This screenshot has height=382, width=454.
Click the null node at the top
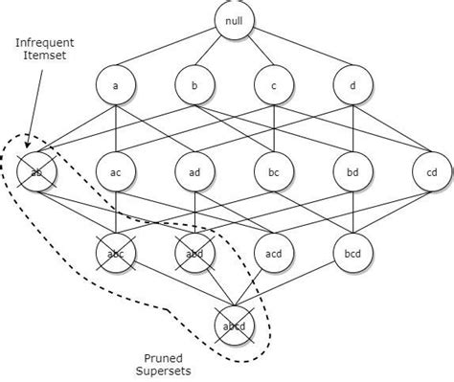234,21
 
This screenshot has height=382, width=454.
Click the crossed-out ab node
37,172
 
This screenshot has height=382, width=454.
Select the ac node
116,172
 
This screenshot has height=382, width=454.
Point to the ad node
194,172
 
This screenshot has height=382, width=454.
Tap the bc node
274,172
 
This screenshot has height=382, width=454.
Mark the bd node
352,172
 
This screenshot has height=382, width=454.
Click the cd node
431,172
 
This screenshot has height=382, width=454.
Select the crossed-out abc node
116,254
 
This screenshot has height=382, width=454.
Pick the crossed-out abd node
194,254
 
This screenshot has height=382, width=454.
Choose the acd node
274,254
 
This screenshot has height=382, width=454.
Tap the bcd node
352,254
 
